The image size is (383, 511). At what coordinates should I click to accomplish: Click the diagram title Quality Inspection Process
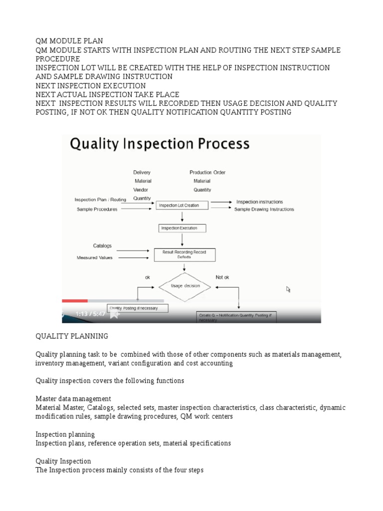tap(160, 145)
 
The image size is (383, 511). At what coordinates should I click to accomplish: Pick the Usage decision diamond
tap(185, 286)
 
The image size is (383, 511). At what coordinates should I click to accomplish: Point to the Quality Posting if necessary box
tap(138, 308)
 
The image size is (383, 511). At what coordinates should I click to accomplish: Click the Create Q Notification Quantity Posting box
tap(236, 317)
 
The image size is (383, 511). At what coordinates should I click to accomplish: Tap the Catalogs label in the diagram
tap(102, 246)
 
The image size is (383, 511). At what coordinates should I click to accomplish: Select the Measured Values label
tap(95, 257)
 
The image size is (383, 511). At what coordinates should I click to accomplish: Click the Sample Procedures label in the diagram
tap(97, 210)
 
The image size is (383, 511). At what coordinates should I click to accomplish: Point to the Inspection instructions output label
tap(259, 202)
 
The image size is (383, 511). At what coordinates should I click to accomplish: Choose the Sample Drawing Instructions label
tap(264, 210)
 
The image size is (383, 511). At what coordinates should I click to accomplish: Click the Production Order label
tap(207, 173)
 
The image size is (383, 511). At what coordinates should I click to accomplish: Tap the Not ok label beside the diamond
tap(222, 276)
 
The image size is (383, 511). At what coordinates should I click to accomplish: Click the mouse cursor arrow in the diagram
tap(288, 289)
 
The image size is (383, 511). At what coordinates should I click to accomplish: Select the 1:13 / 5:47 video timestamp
tap(90, 314)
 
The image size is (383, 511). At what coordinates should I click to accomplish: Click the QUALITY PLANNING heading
tap(71, 336)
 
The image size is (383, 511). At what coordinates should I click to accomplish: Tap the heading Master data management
tap(73, 399)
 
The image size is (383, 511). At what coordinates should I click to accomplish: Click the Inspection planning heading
tap(65, 435)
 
